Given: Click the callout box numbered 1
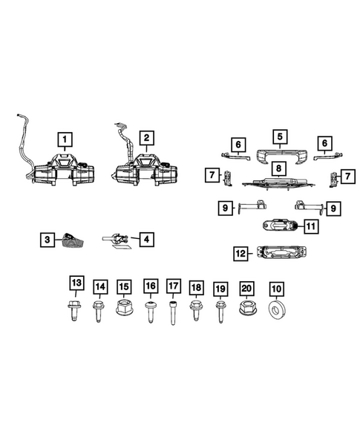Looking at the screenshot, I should (x=66, y=138).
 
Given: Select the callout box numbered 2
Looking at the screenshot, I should (x=147, y=138).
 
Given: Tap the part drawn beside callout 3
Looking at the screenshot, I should (x=73, y=238).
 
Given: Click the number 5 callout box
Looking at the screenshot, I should (x=280, y=137).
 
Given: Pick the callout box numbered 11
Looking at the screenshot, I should (x=311, y=226).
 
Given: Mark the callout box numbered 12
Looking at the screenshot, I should (x=240, y=254).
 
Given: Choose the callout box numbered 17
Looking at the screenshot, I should (x=174, y=286).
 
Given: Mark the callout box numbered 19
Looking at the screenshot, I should (x=220, y=286).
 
